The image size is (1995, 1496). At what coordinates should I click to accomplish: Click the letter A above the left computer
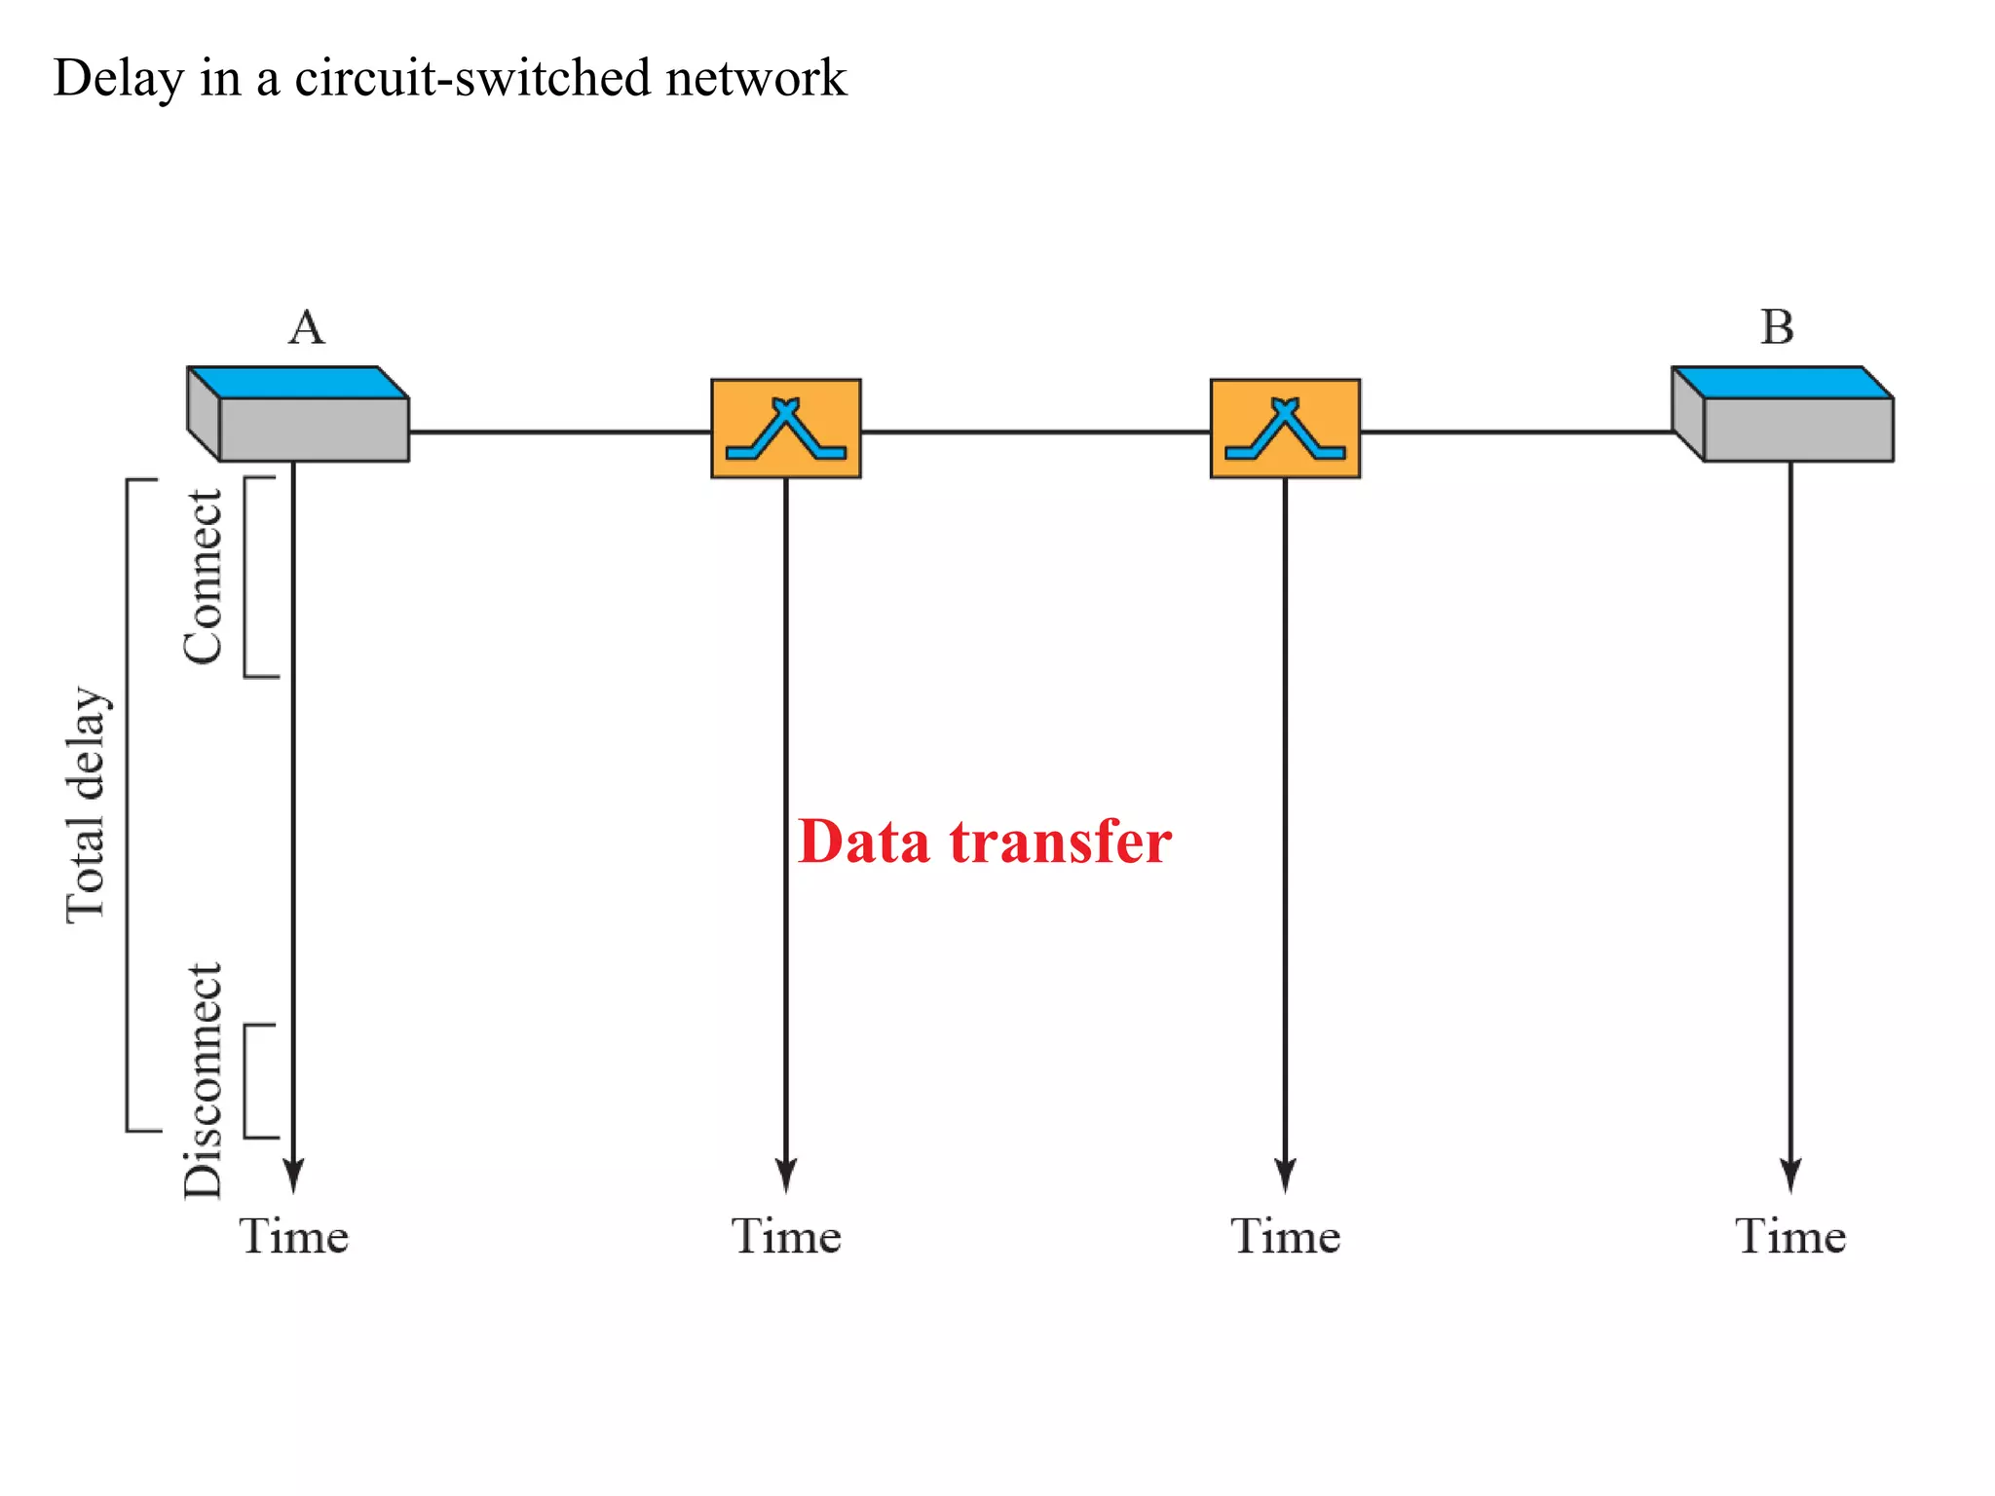click(x=306, y=327)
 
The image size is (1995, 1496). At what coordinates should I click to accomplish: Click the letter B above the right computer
click(x=1777, y=327)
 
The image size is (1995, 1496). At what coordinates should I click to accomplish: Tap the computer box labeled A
click(x=298, y=415)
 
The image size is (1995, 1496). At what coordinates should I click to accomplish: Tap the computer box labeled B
click(x=1783, y=415)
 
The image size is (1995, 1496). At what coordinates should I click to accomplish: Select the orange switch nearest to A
click(x=785, y=429)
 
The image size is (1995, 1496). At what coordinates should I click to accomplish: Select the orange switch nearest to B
click(x=1284, y=429)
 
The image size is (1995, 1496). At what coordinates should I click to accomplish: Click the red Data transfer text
click(x=984, y=841)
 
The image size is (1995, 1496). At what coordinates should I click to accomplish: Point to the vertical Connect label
click(x=203, y=577)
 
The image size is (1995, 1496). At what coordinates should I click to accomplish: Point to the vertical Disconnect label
click(x=203, y=1079)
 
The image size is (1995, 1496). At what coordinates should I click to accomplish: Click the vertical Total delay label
click(x=86, y=804)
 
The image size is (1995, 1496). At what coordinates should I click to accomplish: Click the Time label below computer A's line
click(x=293, y=1237)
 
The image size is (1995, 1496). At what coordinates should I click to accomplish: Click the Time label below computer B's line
click(x=1789, y=1237)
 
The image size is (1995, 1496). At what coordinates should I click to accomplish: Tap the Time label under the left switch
click(x=786, y=1237)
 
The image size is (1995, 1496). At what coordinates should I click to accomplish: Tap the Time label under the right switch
click(x=1285, y=1237)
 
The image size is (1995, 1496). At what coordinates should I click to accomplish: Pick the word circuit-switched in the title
click(x=471, y=78)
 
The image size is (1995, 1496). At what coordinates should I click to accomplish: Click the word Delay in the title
click(x=117, y=78)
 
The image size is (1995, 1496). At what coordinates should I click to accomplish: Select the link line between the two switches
click(x=1035, y=431)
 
